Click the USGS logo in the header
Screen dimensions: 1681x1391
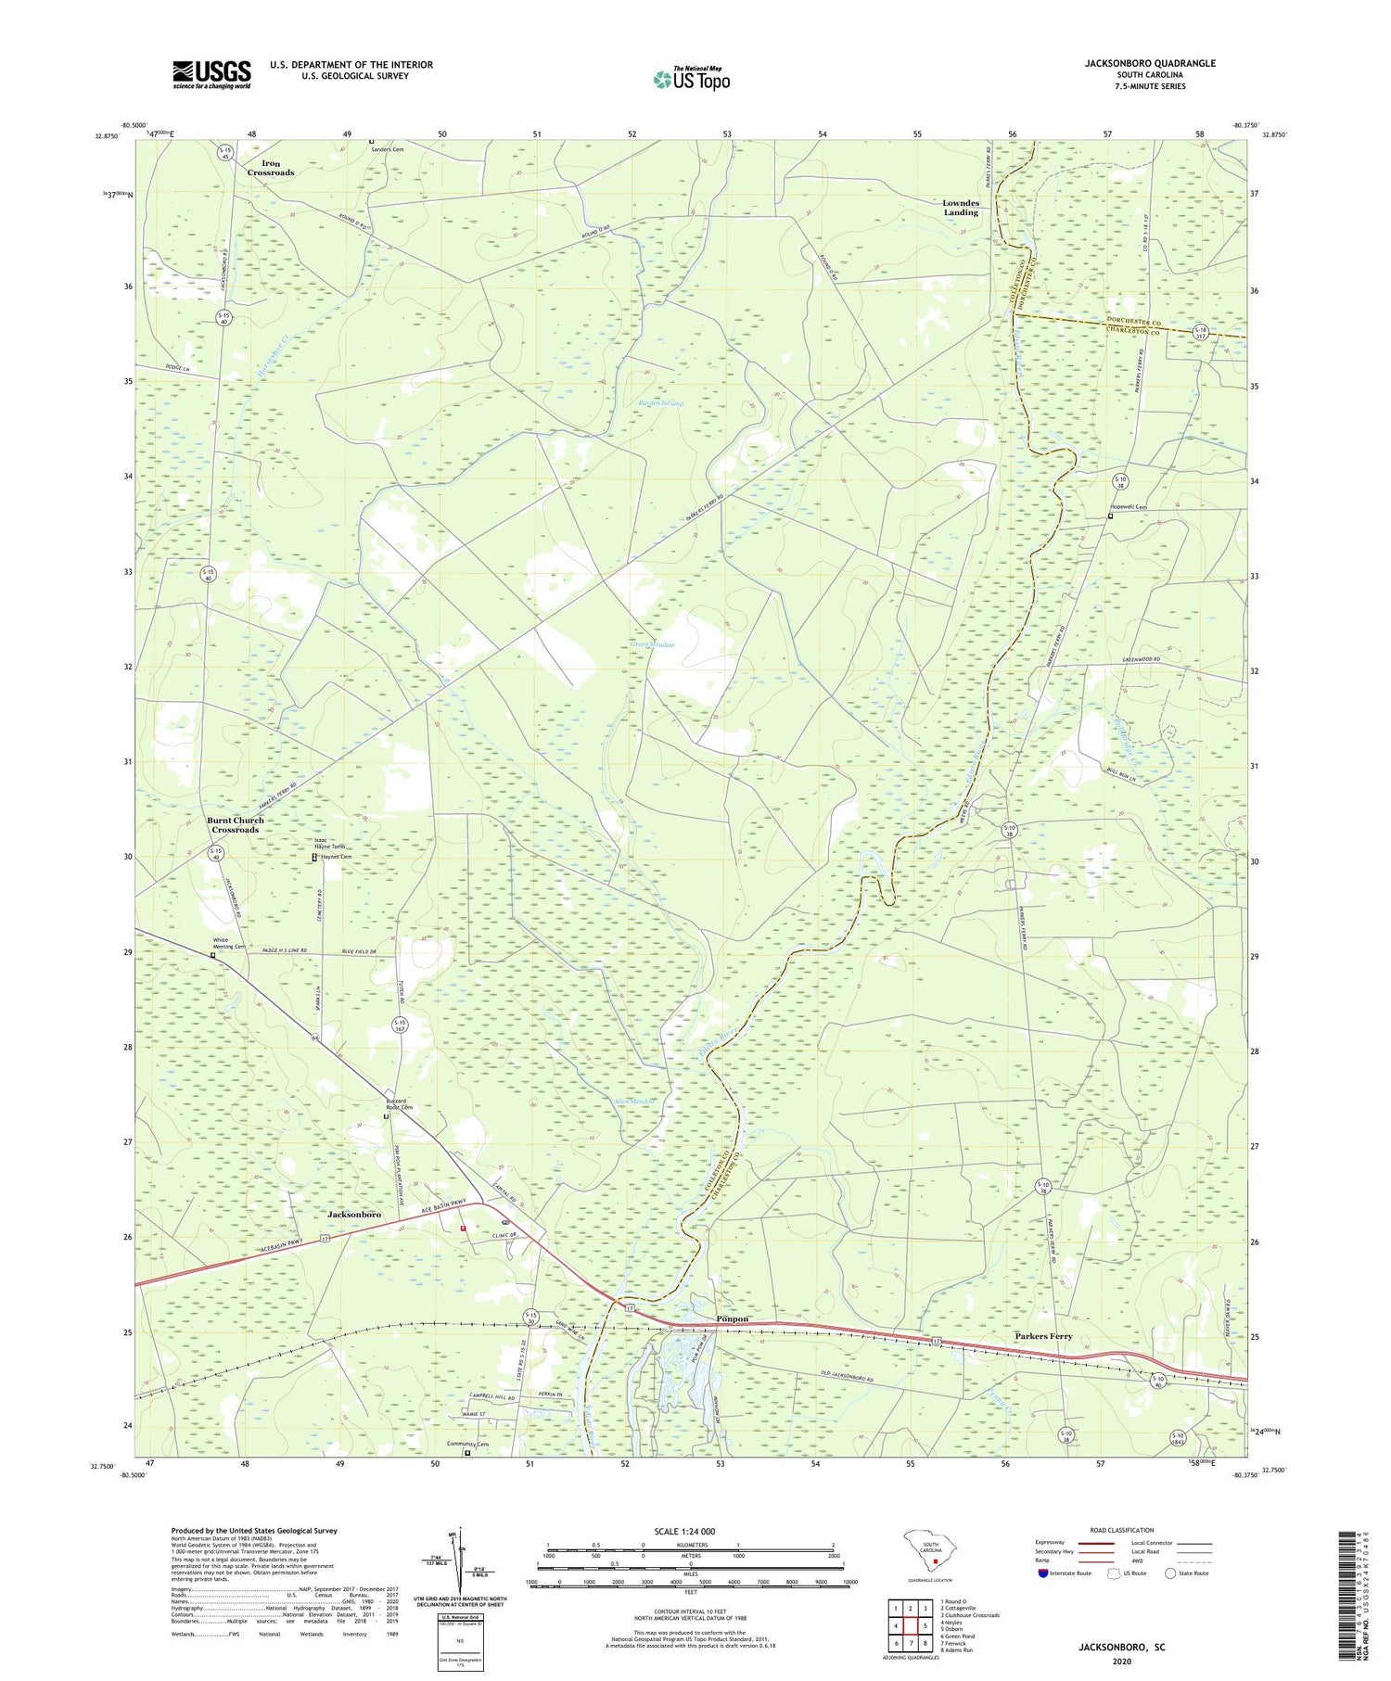(x=211, y=74)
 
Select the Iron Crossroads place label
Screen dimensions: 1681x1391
(x=271, y=168)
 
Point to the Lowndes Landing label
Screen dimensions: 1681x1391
(x=961, y=208)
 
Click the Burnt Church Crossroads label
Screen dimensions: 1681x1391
(x=236, y=824)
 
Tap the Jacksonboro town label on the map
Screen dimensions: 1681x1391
(x=355, y=1214)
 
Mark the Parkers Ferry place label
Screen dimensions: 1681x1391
(x=1043, y=1336)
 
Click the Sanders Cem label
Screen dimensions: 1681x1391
(x=388, y=149)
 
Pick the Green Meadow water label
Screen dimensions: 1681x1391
(x=653, y=644)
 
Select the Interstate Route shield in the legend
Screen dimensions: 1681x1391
(x=1043, y=1573)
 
